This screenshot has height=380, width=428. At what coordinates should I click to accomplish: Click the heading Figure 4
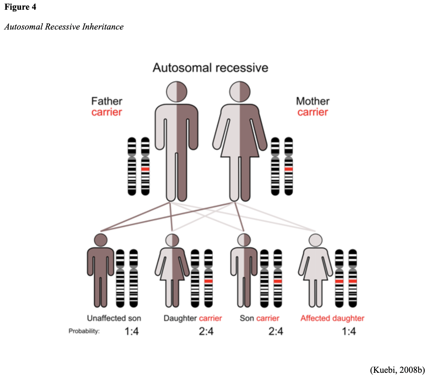(x=20, y=7)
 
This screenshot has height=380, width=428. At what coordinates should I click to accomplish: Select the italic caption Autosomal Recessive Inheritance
(x=64, y=27)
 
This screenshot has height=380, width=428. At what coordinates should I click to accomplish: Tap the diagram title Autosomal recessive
(x=210, y=68)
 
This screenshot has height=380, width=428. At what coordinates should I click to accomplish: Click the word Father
(x=107, y=101)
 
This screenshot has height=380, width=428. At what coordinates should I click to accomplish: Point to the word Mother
(x=313, y=101)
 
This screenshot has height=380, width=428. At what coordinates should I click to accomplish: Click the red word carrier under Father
(x=107, y=112)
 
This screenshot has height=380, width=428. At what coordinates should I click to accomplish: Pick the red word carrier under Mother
(x=313, y=112)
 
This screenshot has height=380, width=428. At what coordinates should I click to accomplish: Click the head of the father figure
(x=177, y=91)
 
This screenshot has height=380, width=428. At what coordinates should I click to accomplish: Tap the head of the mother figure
(x=240, y=91)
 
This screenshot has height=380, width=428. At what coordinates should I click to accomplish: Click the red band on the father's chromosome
(x=145, y=169)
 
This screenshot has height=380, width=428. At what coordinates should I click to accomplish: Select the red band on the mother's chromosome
(x=288, y=169)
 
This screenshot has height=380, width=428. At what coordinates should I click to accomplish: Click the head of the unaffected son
(x=100, y=240)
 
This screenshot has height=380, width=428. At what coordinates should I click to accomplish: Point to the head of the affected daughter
(x=315, y=240)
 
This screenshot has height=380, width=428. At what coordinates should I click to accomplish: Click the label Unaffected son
(x=114, y=318)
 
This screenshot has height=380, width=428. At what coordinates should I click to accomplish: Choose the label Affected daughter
(x=332, y=318)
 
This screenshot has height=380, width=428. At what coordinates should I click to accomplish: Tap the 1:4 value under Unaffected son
(x=132, y=331)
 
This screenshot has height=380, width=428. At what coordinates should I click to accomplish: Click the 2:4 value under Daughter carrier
(x=206, y=331)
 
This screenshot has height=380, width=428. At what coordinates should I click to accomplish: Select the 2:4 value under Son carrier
(x=276, y=331)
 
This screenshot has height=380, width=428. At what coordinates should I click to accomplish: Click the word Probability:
(x=84, y=331)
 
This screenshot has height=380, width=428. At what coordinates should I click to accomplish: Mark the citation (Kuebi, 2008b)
(x=397, y=370)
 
